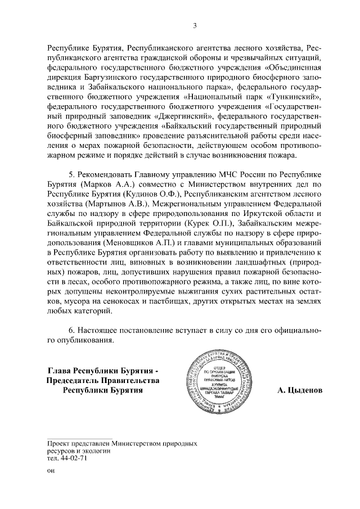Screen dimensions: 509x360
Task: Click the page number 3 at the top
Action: click(195, 25)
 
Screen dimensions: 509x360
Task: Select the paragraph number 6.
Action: click(71, 331)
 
